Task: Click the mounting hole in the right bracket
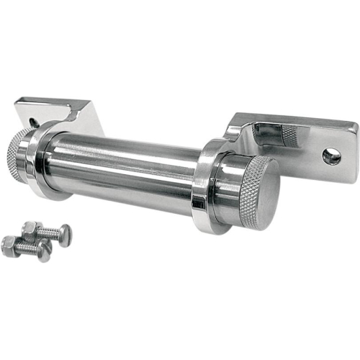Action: (331, 157)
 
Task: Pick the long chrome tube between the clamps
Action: (122, 169)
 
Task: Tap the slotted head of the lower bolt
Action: (45, 252)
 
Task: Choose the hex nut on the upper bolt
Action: (30, 230)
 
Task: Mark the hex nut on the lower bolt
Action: (10, 244)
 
